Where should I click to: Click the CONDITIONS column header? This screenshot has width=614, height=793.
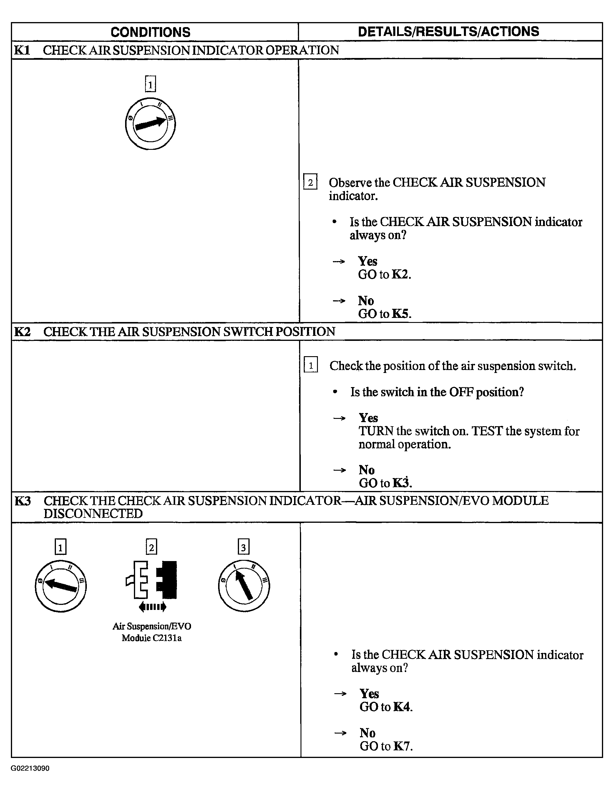pyautogui.click(x=150, y=32)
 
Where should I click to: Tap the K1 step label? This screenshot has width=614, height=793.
pyautogui.click(x=22, y=50)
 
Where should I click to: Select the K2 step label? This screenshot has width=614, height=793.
pyautogui.click(x=22, y=331)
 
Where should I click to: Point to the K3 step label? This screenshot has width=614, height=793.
pyautogui.click(x=22, y=501)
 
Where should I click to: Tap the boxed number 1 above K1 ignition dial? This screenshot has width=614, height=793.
pyautogui.click(x=150, y=84)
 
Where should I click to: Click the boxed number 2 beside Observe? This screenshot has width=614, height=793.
pyautogui.click(x=310, y=182)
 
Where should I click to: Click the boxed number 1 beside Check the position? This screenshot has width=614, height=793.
pyautogui.click(x=311, y=365)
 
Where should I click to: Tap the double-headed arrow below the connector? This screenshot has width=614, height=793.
pyautogui.click(x=152, y=607)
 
